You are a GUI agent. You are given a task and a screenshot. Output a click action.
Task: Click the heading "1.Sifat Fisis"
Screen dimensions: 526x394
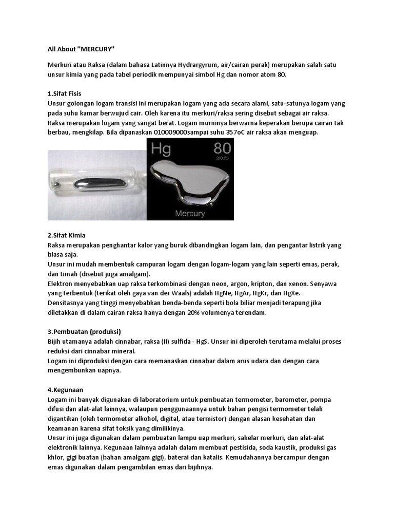click(64, 93)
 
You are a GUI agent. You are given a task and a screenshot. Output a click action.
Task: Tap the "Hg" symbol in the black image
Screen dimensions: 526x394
click(161, 149)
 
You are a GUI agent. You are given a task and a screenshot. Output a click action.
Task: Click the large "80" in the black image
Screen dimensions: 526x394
click(222, 149)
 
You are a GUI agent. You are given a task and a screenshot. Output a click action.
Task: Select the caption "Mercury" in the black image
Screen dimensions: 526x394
click(190, 213)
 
